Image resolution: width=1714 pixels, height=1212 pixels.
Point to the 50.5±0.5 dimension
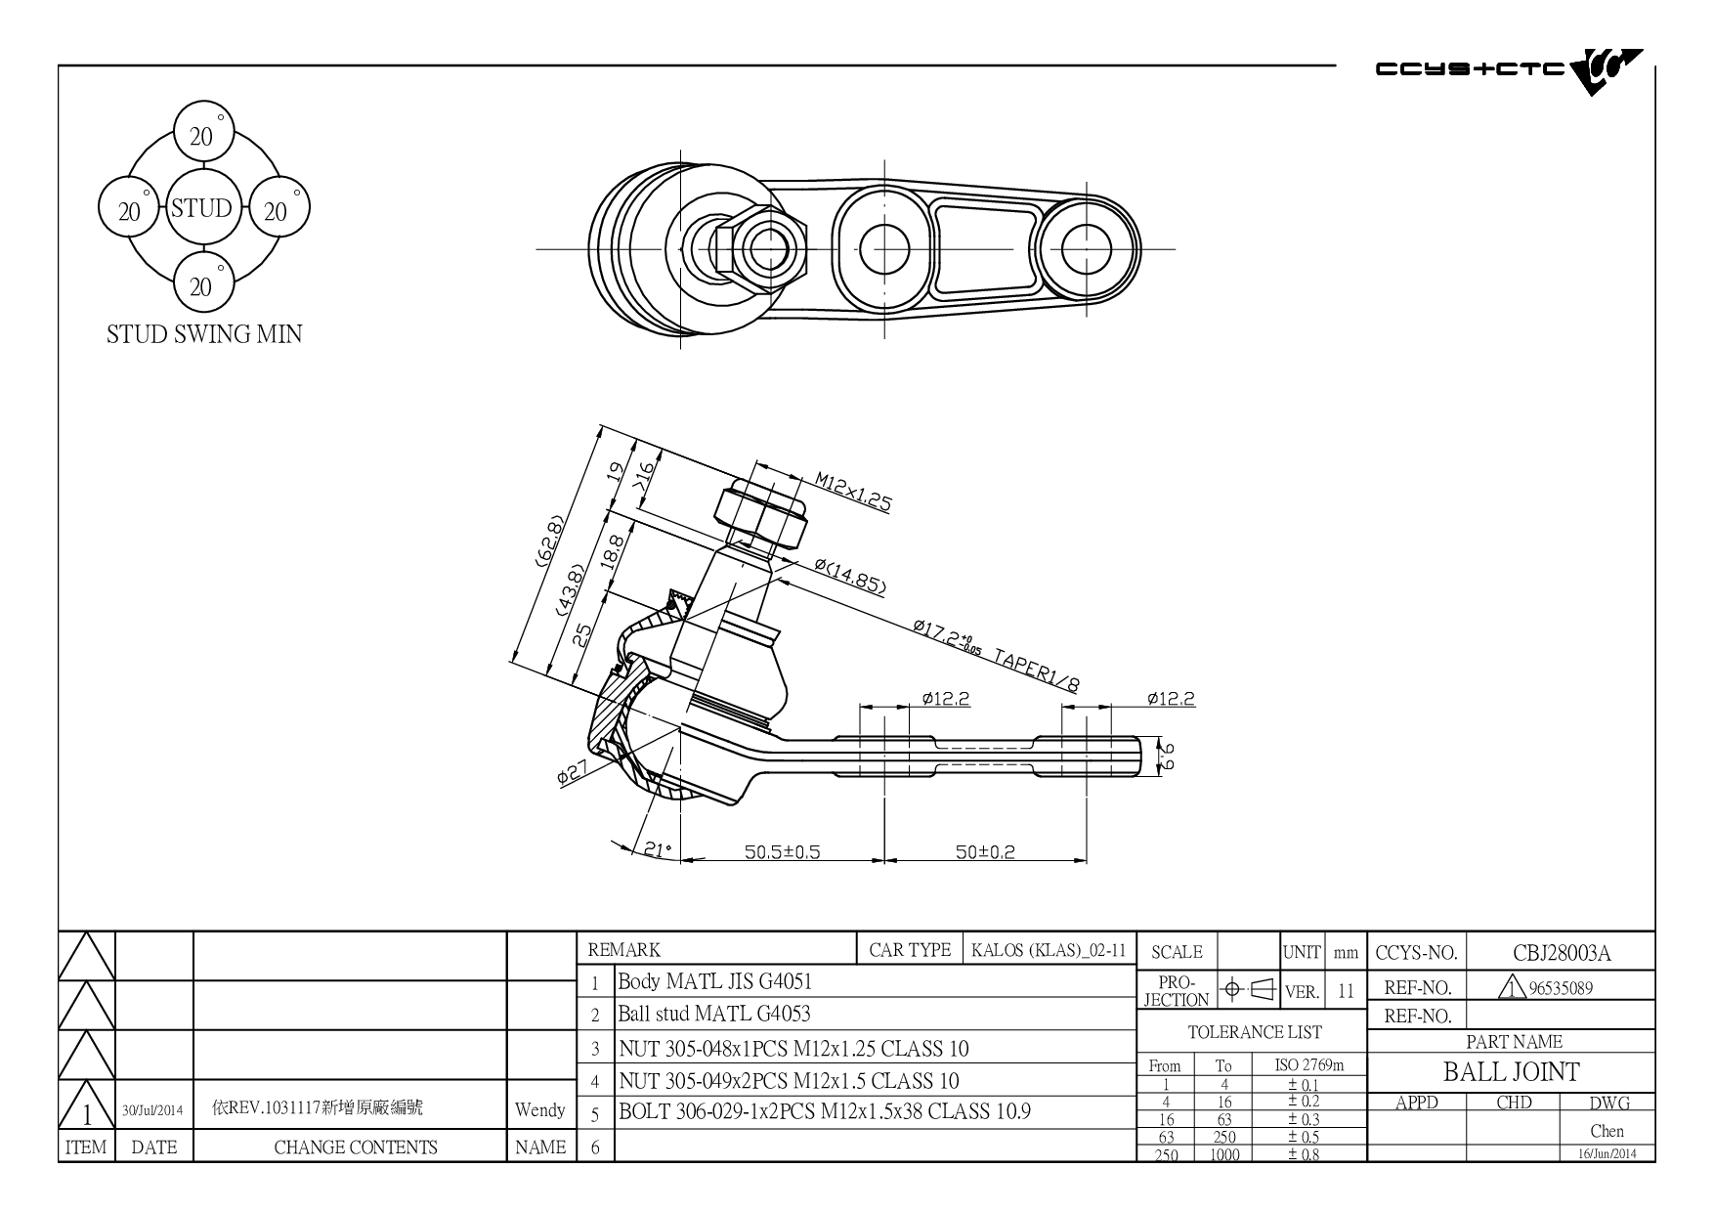782,851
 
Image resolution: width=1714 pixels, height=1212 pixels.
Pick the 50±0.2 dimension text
985,851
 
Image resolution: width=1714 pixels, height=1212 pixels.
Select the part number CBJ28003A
1562,953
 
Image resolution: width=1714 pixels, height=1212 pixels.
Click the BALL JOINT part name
1511,1072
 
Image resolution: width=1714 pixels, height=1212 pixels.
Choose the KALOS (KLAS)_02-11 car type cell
1049,950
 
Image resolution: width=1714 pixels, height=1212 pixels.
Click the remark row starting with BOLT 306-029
825,1111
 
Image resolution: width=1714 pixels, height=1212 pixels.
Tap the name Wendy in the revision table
539,1110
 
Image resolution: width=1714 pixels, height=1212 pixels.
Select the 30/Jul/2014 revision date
153,1110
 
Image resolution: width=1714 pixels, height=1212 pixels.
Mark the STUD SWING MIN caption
204,334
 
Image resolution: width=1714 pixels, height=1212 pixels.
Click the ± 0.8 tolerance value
1303,1154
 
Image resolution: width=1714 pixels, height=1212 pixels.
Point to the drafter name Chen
1607,1131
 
